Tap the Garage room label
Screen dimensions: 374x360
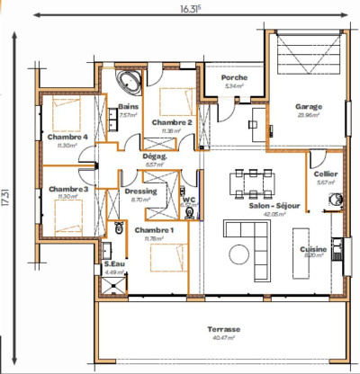309,106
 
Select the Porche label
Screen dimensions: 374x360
234,78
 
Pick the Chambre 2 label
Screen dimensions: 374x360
171,122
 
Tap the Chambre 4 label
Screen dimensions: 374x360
67,137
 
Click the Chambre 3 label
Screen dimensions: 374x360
67,190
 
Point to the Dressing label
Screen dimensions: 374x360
141,191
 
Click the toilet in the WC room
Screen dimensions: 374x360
189,214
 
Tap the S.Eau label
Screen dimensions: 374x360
114,264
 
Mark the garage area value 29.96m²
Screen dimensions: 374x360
309,115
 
